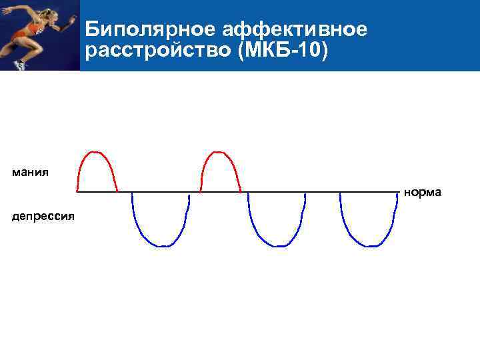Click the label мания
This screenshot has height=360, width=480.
30,173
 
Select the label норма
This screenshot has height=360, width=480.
422,193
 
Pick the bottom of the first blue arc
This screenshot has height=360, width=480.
161,246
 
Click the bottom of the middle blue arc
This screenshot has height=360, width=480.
276,246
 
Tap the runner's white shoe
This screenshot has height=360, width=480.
19,65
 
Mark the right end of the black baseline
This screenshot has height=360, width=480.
399,192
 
